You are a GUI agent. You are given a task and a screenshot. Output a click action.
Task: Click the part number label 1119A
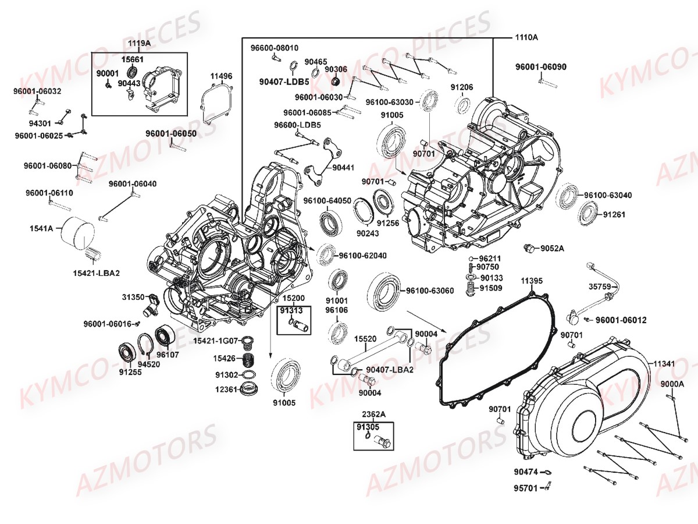(139, 43)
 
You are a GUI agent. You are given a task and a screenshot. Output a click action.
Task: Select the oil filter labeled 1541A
(78, 232)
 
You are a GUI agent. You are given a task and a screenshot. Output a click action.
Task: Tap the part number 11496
(221, 76)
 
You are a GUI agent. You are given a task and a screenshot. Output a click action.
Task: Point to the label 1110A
(526, 37)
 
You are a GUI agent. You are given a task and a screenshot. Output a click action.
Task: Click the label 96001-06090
(540, 66)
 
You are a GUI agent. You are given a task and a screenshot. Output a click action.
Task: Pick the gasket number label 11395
(532, 281)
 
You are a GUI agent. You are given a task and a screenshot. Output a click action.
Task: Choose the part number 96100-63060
(429, 290)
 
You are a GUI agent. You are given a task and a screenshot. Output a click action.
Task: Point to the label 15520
(365, 338)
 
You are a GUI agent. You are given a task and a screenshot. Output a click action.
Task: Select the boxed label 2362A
(373, 414)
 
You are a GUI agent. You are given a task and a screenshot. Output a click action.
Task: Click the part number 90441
(343, 167)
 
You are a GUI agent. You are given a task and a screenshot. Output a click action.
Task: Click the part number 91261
(614, 214)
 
